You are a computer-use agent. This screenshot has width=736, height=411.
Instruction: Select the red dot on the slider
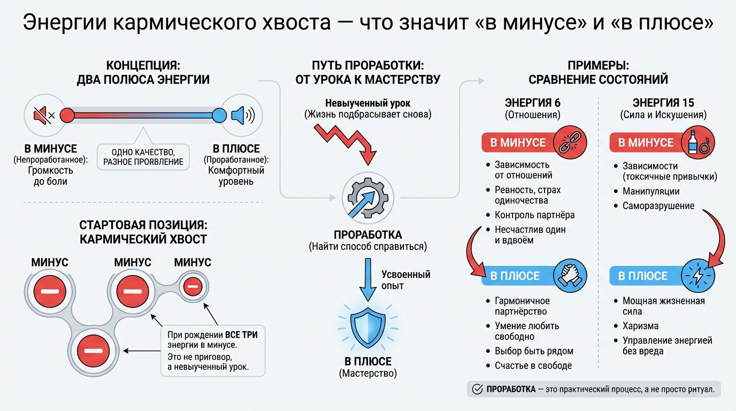pyautogui.click(x=67, y=115)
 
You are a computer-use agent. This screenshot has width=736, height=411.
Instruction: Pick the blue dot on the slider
pyautogui.click(x=219, y=115)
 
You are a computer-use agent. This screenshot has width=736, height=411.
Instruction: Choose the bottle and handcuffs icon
pyautogui.click(x=699, y=143)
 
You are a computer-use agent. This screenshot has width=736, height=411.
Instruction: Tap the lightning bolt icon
pyautogui.click(x=699, y=276)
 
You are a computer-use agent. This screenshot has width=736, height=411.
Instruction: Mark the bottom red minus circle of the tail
pyautogui.click(x=93, y=350)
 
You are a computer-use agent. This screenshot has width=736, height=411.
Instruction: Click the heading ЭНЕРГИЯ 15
pyautogui.click(x=663, y=103)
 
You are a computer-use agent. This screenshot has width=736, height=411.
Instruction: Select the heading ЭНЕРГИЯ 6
pyautogui.click(x=532, y=103)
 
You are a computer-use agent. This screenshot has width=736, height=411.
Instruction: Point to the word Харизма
pyautogui.click(x=640, y=326)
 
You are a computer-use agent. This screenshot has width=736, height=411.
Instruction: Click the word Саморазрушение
pyautogui.click(x=658, y=206)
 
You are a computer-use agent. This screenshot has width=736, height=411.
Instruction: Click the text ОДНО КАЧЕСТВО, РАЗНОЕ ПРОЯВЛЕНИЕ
pyautogui.click(x=143, y=157)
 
